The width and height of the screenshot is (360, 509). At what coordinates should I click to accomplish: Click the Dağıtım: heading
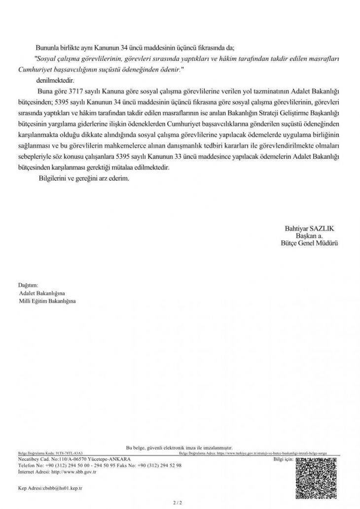click(x=28, y=285)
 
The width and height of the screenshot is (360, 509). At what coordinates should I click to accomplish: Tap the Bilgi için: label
click(x=283, y=459)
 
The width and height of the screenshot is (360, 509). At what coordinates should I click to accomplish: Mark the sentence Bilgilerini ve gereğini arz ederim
click(x=83, y=178)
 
